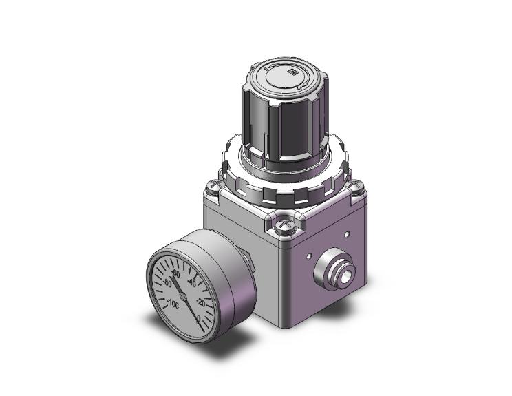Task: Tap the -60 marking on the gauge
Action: [x=177, y=275]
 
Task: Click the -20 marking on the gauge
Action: [x=200, y=302]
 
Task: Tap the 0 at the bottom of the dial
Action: [x=199, y=318]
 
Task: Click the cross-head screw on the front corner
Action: [x=283, y=226]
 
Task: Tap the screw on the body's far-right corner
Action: [x=358, y=185]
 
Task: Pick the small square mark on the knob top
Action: [x=292, y=71]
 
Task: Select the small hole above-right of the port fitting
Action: [x=346, y=233]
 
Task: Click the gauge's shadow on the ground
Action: [x=206, y=348]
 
